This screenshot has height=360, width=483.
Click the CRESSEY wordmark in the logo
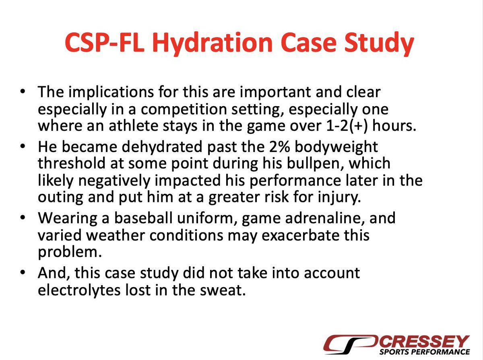click(x=425, y=341)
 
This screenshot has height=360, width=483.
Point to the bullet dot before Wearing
click(x=23, y=218)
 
